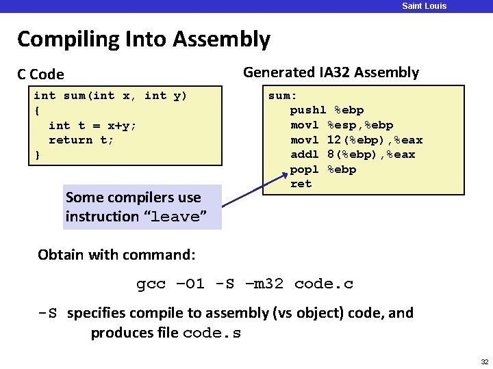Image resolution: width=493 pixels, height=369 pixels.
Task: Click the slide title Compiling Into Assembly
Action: tap(144, 39)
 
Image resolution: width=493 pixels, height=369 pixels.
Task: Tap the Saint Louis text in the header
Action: tap(424, 6)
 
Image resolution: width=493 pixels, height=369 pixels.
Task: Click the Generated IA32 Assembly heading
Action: tap(331, 72)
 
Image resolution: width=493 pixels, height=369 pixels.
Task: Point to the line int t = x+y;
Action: tap(92, 125)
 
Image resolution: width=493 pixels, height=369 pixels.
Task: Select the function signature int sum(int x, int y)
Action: tap(110, 96)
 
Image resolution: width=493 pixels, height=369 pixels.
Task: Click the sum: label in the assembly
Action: tap(283, 96)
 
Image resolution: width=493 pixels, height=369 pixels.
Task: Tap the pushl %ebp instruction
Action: tap(327, 110)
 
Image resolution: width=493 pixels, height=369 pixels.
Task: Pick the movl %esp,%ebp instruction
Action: tap(342, 125)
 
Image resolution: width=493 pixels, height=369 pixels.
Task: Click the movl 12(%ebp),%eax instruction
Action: tap(356, 140)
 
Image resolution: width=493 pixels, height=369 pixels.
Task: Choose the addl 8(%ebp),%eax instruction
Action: tap(353, 154)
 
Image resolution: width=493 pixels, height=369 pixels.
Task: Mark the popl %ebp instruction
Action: tap(323, 169)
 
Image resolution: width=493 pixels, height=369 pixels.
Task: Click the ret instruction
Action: tap(301, 184)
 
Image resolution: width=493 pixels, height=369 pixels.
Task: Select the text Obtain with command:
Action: tap(117, 255)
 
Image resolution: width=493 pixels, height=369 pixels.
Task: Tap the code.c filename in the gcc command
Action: tap(323, 284)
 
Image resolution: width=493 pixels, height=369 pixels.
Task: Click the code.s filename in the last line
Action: tap(212, 333)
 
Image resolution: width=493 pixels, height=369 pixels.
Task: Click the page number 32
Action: tap(484, 361)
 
